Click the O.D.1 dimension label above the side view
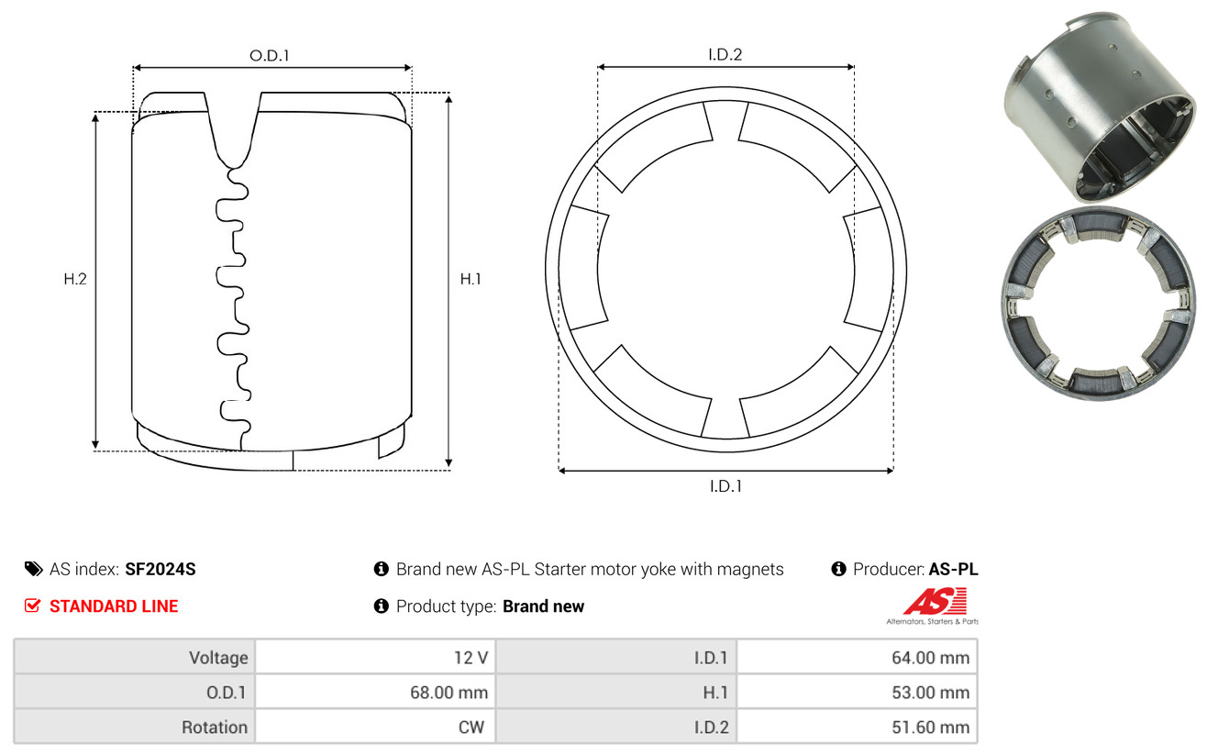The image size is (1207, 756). (270, 55)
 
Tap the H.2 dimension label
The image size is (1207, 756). (75, 279)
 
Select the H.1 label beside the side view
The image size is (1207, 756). (471, 279)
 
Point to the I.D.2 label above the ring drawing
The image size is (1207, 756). (725, 54)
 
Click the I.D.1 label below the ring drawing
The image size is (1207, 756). (725, 486)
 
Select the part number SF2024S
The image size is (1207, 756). (160, 569)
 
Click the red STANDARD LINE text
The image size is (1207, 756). (114, 606)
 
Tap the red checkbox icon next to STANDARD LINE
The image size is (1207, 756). (32, 606)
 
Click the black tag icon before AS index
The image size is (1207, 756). (33, 569)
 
